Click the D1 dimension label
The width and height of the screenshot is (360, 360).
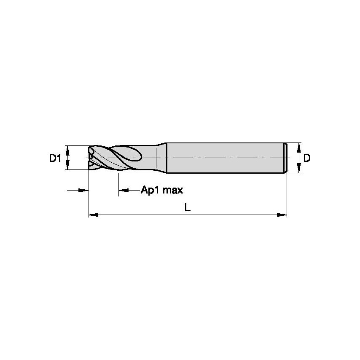pyautogui.click(x=55, y=159)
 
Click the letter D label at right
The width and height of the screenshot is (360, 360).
pyautogui.click(x=307, y=159)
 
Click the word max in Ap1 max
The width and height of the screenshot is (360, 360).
pyautogui.click(x=172, y=190)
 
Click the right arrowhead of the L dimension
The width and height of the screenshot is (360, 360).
pyautogui.click(x=282, y=215)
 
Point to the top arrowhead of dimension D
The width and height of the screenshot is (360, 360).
pyautogui.click(x=299, y=147)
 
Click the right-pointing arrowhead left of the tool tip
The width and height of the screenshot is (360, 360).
pyautogui.click(x=84, y=191)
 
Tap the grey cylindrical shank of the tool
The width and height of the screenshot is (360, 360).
pyautogui.click(x=223, y=158)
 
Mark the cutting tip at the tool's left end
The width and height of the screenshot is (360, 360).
pyautogui.click(x=91, y=158)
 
